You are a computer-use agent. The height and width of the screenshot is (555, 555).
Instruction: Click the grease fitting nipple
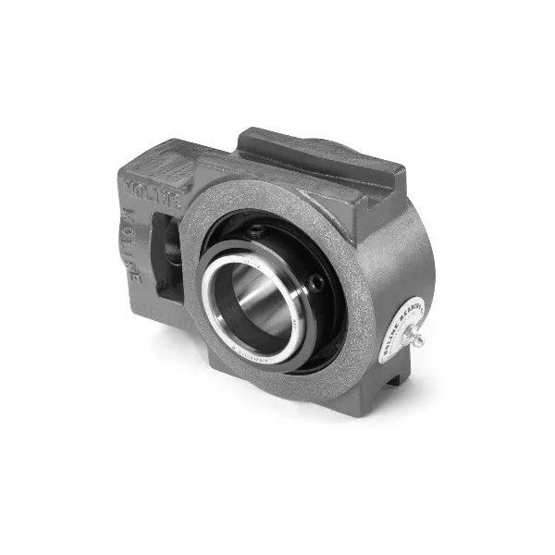point(417,339)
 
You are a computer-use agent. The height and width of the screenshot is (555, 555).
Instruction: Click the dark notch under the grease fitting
point(393,379)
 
